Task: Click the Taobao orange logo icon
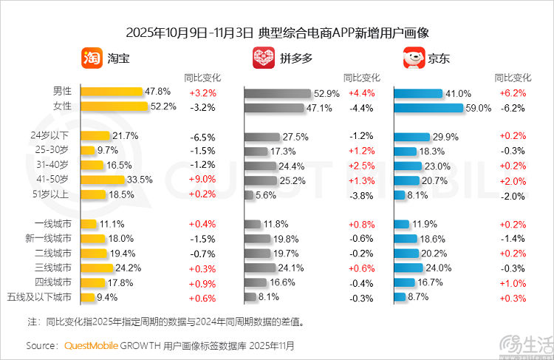click(x=92, y=58)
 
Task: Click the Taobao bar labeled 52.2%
click(x=114, y=106)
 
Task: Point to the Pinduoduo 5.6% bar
click(x=249, y=194)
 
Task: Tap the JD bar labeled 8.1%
click(x=399, y=194)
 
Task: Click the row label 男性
click(x=62, y=92)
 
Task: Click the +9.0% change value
click(x=202, y=180)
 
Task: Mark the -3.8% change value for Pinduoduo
click(x=361, y=195)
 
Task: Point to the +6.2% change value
click(x=512, y=93)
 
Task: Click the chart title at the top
click(x=277, y=33)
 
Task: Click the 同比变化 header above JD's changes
click(x=512, y=77)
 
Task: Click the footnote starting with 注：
click(x=166, y=322)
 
